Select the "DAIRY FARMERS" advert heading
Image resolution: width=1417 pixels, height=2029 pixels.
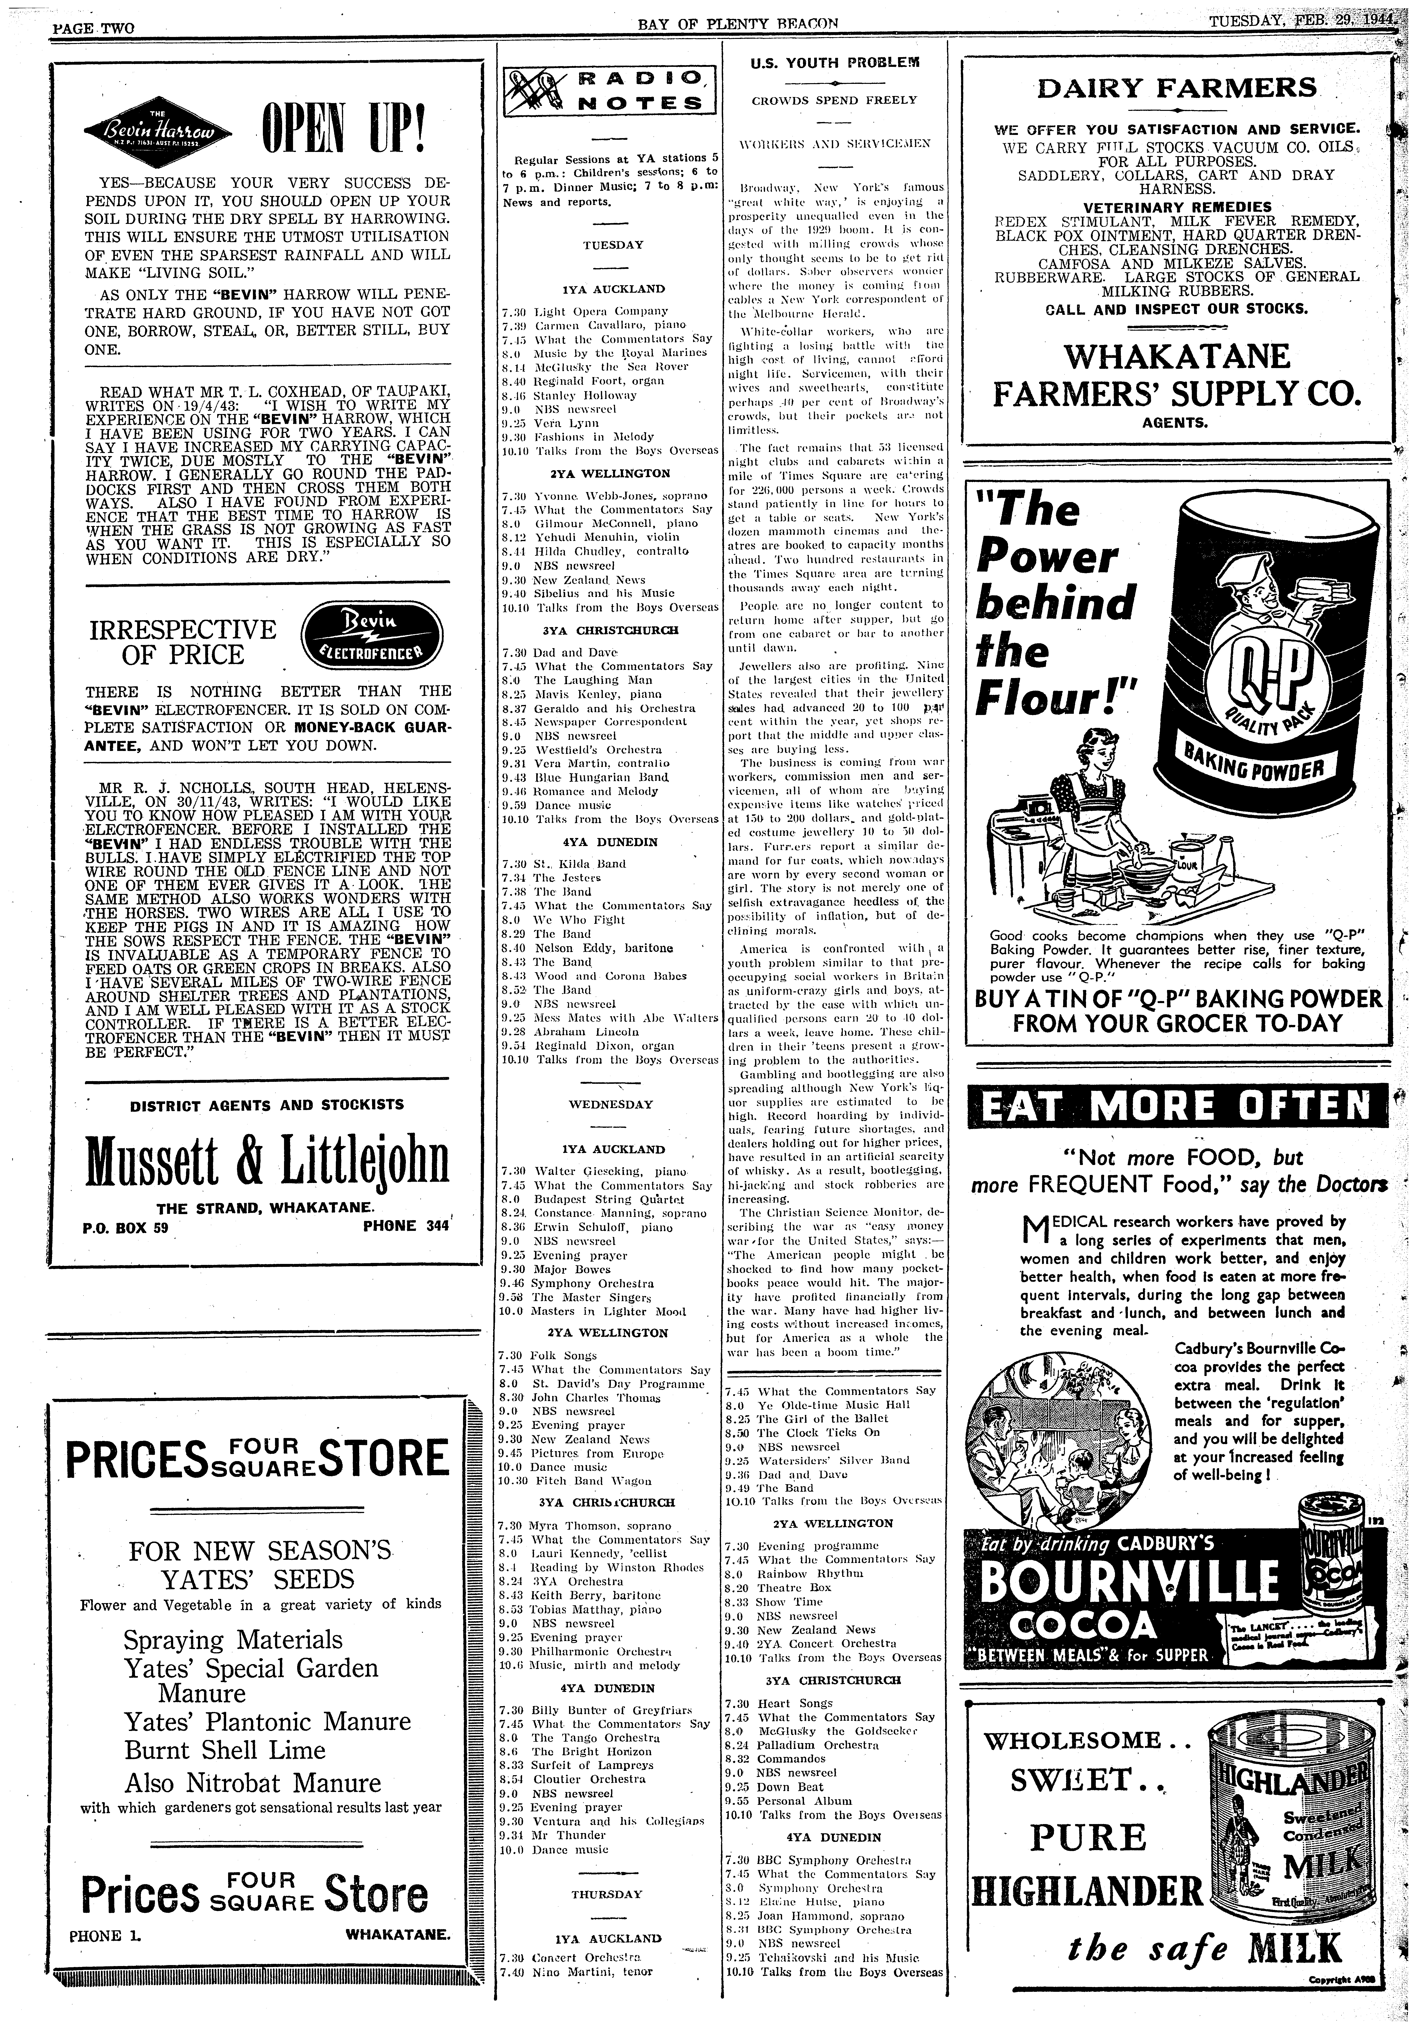pyautogui.click(x=1176, y=88)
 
